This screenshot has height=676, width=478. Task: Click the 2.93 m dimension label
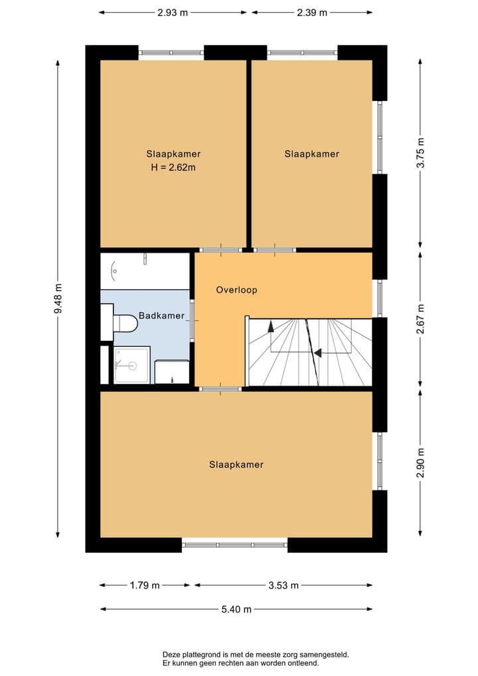click(x=173, y=13)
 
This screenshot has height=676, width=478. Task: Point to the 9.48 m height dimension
click(x=58, y=300)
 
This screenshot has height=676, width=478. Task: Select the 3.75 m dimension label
click(x=420, y=154)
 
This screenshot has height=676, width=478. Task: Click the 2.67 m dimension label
click(x=420, y=318)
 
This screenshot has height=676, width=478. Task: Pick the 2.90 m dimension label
click(x=420, y=463)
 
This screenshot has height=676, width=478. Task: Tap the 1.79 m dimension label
click(x=145, y=586)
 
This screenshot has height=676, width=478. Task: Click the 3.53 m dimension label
click(x=283, y=586)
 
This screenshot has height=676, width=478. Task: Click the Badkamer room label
click(x=161, y=316)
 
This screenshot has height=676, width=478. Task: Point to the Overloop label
click(x=236, y=290)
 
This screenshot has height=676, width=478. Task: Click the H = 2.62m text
click(x=173, y=168)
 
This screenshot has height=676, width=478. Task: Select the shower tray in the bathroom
click(x=131, y=365)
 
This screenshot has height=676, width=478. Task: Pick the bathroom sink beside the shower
click(x=172, y=372)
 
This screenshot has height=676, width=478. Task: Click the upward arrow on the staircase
click(x=271, y=326)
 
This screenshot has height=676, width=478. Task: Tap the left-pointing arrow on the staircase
click(x=318, y=353)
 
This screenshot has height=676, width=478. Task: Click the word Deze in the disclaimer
click(x=173, y=655)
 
